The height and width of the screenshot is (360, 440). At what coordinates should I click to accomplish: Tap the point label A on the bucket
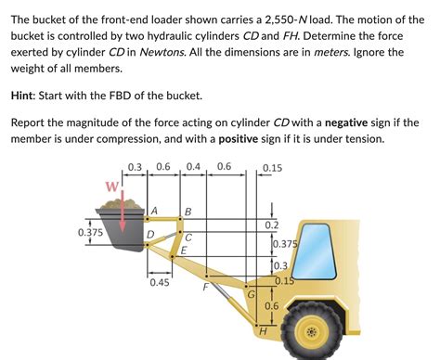[x=155, y=211]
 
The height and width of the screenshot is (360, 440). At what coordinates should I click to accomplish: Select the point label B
[x=188, y=212]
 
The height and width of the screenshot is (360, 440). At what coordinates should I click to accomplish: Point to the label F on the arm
[x=205, y=287]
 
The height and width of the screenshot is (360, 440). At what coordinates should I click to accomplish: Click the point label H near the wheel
[x=263, y=331]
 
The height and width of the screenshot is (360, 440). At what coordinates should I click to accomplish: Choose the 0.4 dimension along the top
[x=193, y=167]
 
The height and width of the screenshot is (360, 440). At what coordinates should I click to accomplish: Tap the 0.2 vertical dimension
[x=271, y=225]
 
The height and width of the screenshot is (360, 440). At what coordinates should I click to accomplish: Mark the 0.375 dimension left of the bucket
[x=90, y=233]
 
